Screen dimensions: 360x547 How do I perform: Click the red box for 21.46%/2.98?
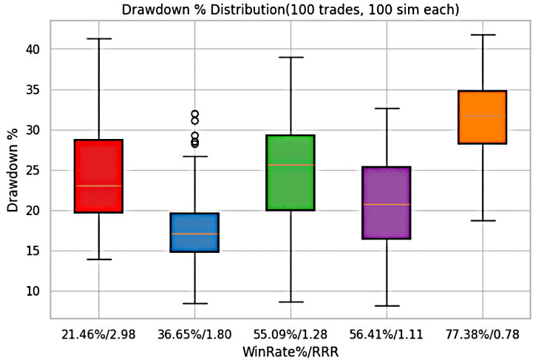pos(98,176)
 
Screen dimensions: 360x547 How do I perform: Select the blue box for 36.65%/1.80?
pos(194,232)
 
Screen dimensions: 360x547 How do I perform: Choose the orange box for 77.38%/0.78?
pos(483,117)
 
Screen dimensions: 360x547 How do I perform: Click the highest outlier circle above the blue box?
pos(194,114)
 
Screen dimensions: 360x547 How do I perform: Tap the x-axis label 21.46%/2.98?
pos(98,335)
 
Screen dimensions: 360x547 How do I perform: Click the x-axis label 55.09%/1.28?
pos(291,335)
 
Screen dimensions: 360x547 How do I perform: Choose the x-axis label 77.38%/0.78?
pos(483,335)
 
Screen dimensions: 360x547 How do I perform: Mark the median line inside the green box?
pos(291,164)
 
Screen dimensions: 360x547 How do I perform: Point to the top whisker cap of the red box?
pos(98,38)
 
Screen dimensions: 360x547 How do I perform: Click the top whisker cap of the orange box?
pos(483,35)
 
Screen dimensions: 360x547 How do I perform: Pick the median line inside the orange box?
pos(483,116)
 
